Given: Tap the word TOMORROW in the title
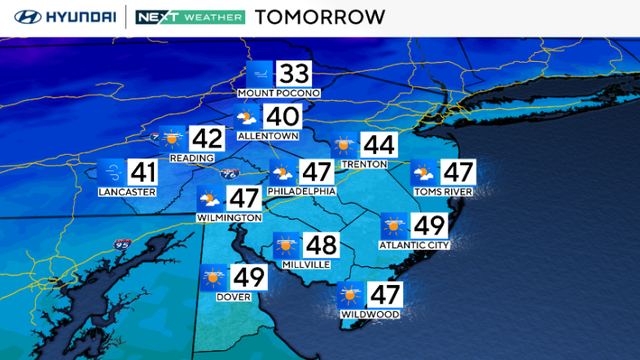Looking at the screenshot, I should (320, 17).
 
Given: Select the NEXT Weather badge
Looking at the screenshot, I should (189, 17).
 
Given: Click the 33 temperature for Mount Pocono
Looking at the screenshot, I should (294, 73).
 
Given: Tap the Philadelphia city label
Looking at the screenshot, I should (301, 190).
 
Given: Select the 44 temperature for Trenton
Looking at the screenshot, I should (378, 145).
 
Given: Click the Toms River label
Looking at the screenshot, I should (443, 190).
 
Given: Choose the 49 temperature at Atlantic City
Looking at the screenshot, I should (430, 226).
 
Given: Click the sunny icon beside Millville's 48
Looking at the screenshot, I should (288, 244).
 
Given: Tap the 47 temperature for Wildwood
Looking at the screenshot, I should (384, 295).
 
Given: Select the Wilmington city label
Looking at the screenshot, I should (230, 217).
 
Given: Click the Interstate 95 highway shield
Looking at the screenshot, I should (121, 242).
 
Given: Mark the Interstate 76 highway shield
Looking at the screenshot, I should (229, 174).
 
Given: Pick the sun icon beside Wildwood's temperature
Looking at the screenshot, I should (349, 295).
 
